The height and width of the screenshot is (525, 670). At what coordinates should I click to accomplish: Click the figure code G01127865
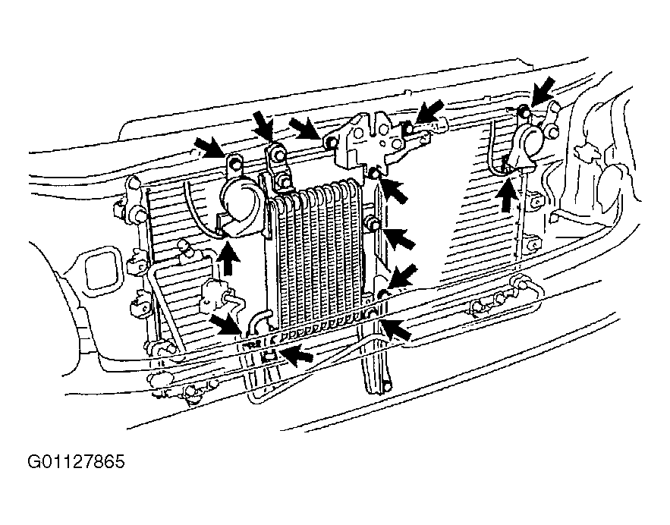point(76,462)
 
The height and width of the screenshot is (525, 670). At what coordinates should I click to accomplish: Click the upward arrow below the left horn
point(228,259)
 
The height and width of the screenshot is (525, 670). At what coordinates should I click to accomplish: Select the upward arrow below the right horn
point(506,196)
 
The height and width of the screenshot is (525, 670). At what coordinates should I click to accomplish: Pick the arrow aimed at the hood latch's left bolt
point(305,128)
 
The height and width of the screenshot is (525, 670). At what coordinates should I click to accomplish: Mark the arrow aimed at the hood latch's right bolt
point(430,112)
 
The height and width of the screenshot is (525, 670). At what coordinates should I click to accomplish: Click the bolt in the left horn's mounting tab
point(234,162)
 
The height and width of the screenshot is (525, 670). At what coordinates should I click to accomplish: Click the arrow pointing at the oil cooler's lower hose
point(225,324)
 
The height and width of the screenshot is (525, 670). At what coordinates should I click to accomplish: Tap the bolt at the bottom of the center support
point(386,387)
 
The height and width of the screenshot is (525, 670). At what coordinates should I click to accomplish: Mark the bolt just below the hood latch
point(374,172)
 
